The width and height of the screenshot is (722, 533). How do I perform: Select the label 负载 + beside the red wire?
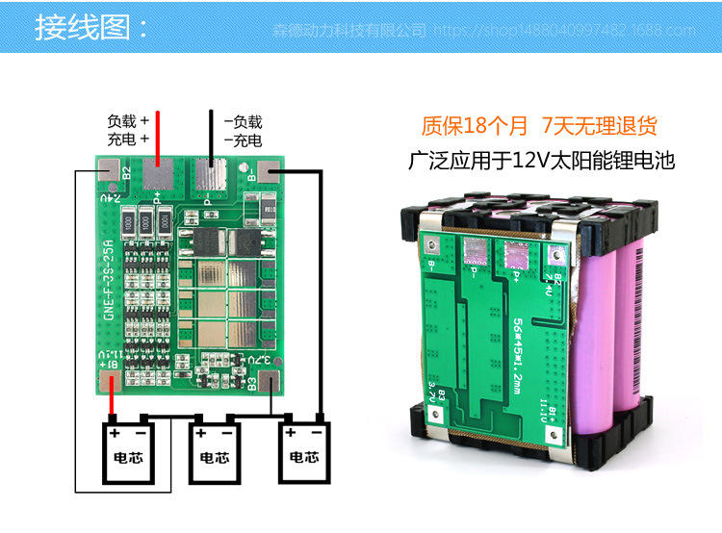click(128, 122)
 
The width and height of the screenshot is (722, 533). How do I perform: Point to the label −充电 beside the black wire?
click(243, 140)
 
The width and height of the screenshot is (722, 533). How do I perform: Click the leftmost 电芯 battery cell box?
click(130, 451)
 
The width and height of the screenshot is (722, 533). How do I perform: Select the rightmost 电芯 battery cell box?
click(303, 451)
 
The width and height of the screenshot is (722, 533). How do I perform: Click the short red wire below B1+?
click(113, 404)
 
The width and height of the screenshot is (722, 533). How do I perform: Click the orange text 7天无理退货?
click(599, 126)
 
